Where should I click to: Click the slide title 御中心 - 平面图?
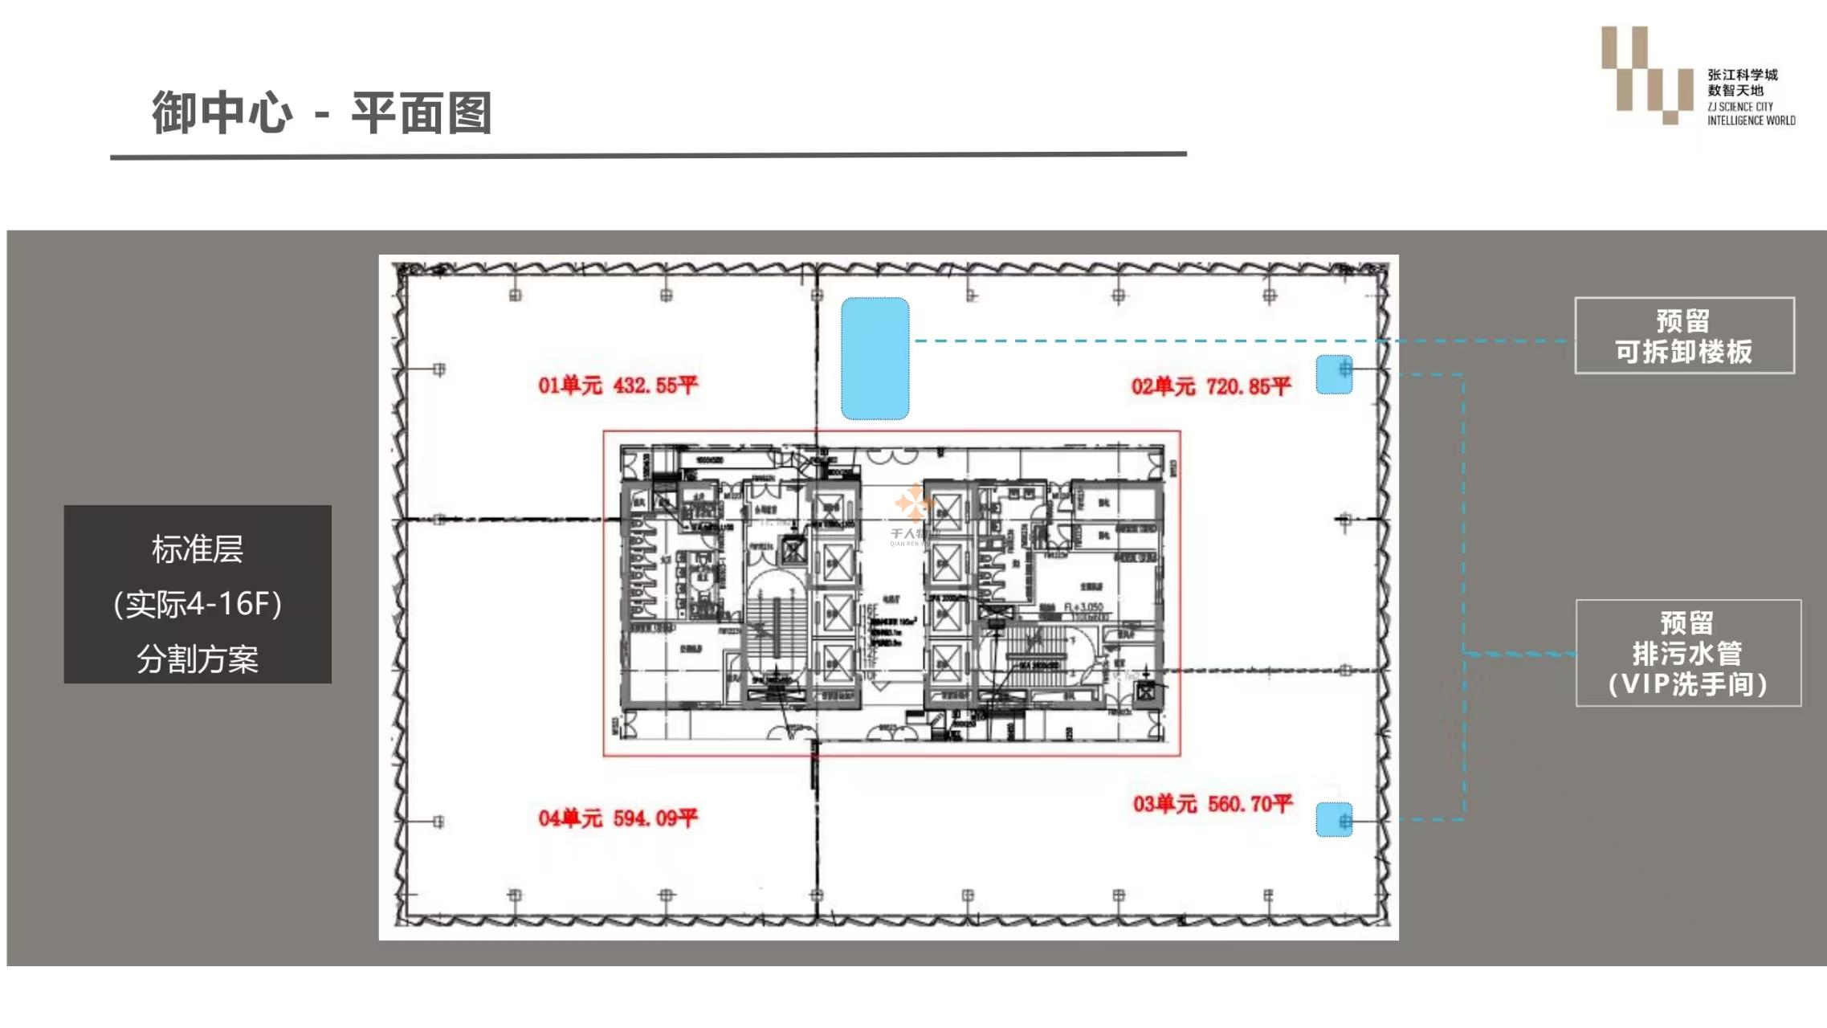pos(321,112)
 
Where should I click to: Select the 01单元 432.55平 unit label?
pos(618,385)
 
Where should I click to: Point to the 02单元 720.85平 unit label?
pos(1210,387)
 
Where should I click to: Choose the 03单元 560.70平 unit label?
pos(1212,804)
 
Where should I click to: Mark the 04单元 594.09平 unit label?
pos(618,818)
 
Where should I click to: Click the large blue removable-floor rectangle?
pos(875,358)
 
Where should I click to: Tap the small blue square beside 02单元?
pos(1334,374)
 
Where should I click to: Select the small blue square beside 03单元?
pos(1334,819)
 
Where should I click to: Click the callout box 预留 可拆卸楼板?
pos(1684,336)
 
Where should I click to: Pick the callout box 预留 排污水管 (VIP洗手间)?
pos(1688,653)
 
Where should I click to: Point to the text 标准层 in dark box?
pos(198,549)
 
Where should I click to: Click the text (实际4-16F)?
pos(198,604)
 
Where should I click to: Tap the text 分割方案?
pos(198,659)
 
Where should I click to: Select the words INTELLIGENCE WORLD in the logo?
pos(1751,120)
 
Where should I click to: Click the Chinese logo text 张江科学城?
pos(1742,75)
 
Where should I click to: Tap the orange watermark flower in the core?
pos(912,503)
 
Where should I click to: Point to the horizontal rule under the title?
pos(648,155)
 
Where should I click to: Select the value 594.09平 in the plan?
pos(655,818)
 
